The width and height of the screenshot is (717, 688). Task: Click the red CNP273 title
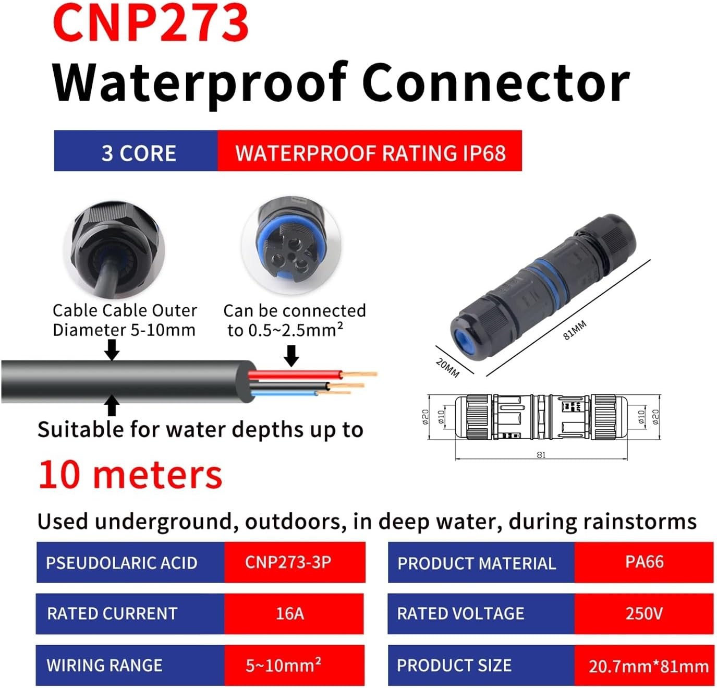(x=151, y=23)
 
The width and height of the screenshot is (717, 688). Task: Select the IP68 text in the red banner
(x=484, y=153)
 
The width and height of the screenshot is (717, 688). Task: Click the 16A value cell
(x=290, y=613)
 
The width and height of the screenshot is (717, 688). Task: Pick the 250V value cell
(x=644, y=613)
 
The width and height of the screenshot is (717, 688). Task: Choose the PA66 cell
(x=644, y=562)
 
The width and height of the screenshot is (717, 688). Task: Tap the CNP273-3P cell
(x=288, y=562)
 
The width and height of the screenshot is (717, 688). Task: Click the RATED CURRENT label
(x=112, y=613)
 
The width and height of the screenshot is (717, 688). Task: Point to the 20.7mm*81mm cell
(x=648, y=666)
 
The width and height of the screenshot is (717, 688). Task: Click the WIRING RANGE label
(x=104, y=666)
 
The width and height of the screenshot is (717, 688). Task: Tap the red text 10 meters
(x=130, y=475)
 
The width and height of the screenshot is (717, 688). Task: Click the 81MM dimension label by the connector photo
(x=575, y=330)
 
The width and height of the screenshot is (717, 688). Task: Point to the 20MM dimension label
(x=447, y=367)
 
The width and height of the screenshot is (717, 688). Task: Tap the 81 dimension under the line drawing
(x=541, y=455)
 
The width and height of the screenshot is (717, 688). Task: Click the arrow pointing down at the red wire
(x=291, y=356)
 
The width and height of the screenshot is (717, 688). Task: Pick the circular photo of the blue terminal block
(x=291, y=245)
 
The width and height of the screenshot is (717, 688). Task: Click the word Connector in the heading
(x=495, y=82)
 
